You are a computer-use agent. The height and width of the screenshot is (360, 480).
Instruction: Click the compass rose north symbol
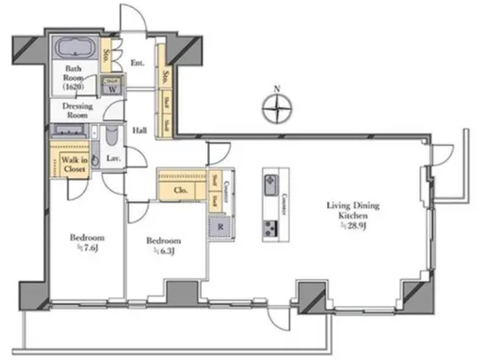pyautogui.click(x=277, y=108)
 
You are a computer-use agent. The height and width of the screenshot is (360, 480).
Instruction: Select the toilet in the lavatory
pyautogui.click(x=112, y=135)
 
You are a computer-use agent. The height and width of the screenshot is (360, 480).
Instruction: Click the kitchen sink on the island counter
pyautogui.click(x=271, y=185)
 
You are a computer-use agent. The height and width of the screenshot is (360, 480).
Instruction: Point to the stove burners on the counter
pyautogui.click(x=271, y=228)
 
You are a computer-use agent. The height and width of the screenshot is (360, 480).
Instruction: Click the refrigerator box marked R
pyautogui.click(x=220, y=227)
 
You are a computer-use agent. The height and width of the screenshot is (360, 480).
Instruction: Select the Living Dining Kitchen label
pyautogui.click(x=353, y=211)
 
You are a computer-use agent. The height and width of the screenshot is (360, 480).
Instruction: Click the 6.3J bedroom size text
pyautogui.click(x=164, y=251)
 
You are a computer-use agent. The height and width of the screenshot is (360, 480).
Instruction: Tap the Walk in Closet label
pyautogui.click(x=74, y=165)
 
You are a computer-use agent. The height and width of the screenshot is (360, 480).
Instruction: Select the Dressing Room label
pyautogui.click(x=77, y=110)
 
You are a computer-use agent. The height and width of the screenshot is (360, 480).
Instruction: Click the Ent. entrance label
pyautogui.click(x=137, y=63)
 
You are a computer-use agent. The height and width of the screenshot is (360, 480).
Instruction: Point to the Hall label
pyautogui.click(x=140, y=130)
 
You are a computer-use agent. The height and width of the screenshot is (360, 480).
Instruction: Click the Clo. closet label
pyautogui.click(x=180, y=190)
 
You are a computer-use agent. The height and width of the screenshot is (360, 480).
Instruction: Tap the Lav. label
pyautogui.click(x=113, y=158)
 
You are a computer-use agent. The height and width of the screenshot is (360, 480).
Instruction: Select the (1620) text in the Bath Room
pyautogui.click(x=73, y=87)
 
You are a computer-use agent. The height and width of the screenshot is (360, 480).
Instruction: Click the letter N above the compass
pyautogui.click(x=277, y=89)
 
